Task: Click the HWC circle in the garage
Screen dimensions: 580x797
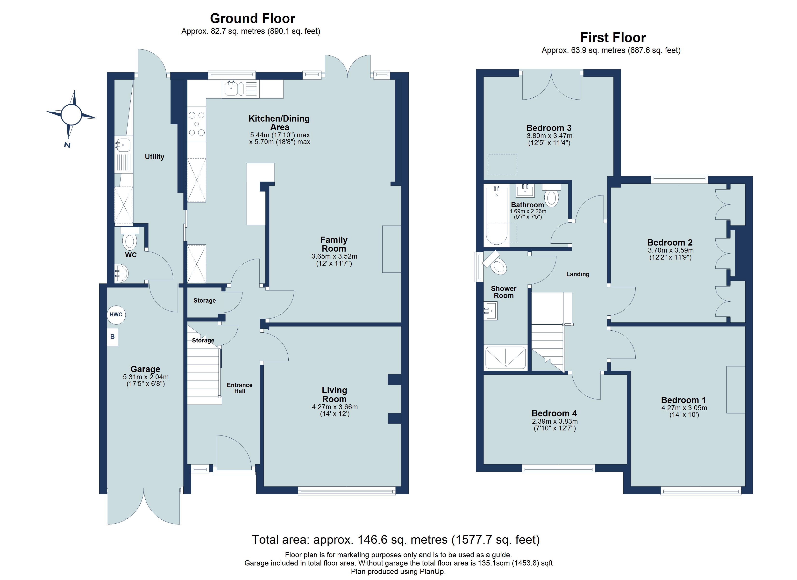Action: click(x=116, y=314)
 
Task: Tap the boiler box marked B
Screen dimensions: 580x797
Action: click(x=113, y=337)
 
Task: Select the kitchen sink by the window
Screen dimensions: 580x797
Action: click(x=231, y=89)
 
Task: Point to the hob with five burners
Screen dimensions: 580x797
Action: click(x=196, y=124)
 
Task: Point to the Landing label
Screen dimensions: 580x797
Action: click(x=578, y=274)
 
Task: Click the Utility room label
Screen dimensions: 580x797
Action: click(x=154, y=157)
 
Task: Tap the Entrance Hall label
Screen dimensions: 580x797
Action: click(x=239, y=388)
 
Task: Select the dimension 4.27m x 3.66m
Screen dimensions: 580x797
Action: click(x=334, y=407)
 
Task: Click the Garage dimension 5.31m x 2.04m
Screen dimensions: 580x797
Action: click(x=145, y=377)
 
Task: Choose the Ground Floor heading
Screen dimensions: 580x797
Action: click(x=252, y=18)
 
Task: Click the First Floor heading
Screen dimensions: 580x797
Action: click(x=612, y=37)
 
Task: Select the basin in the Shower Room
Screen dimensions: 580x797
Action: click(x=491, y=311)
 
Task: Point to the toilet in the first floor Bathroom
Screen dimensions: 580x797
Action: click(x=551, y=197)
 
